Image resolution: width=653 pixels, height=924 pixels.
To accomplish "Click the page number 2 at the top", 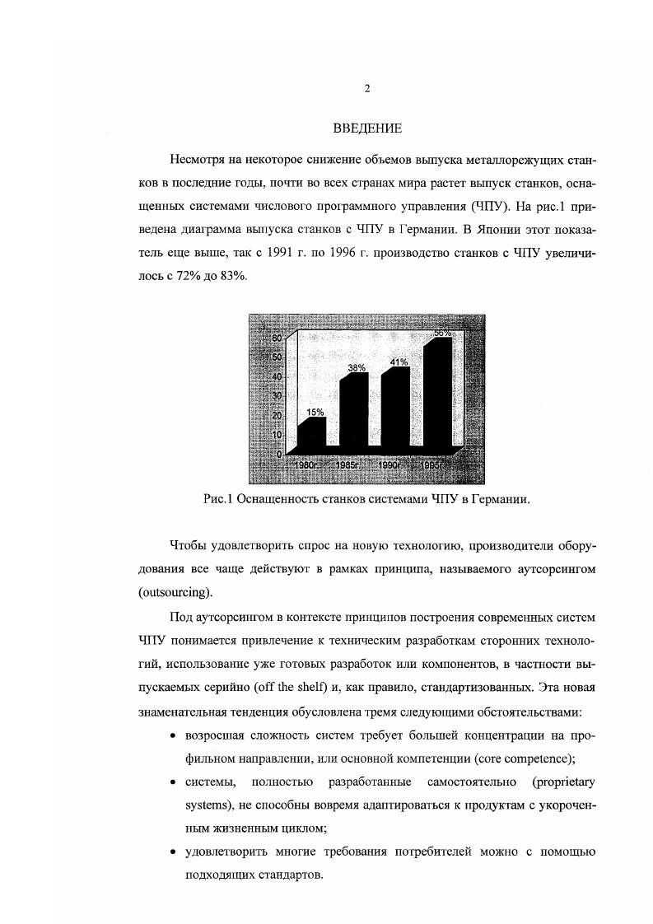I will coord(367,89).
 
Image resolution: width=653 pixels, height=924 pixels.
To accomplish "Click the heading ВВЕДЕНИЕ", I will coord(367,128).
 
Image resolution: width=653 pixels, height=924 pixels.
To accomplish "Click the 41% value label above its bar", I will coord(399,362).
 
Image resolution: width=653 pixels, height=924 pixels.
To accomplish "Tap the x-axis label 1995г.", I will coord(432,465).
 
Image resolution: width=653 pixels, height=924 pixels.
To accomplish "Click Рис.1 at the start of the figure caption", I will coord(218,499).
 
